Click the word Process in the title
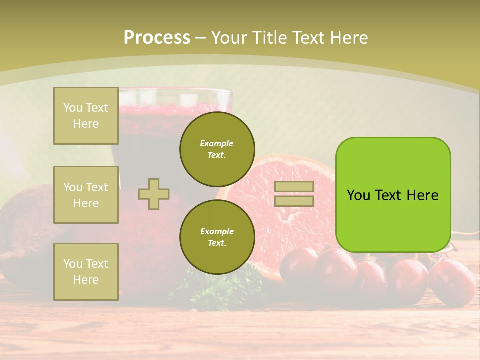click(x=157, y=38)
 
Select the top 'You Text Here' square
click(x=86, y=116)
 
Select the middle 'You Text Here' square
click(x=86, y=195)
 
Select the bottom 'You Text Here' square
click(x=86, y=271)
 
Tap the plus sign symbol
click(x=153, y=194)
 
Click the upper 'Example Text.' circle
click(x=217, y=149)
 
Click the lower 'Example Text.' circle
click(x=217, y=237)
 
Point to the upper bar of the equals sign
click(x=294, y=187)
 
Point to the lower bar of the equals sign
click(x=294, y=201)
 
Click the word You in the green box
click(x=359, y=195)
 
